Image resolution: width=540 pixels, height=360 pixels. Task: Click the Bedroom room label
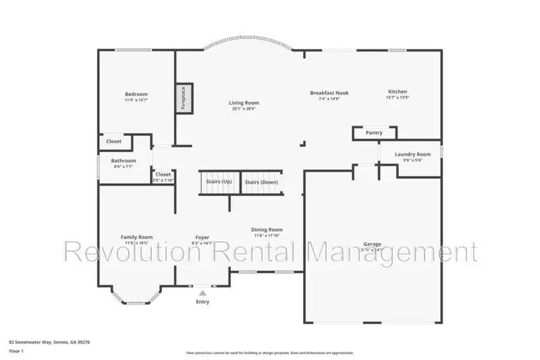(136, 94)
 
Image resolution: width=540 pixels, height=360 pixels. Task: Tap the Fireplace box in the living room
(184, 99)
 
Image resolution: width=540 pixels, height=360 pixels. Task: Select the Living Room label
(245, 103)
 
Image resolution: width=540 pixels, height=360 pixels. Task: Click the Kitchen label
(397, 92)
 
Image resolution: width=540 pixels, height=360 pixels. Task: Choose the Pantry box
(373, 133)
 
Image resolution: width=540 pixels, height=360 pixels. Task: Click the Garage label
(372, 244)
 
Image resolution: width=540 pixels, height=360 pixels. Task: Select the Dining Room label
(267, 230)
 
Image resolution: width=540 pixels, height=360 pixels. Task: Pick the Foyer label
(202, 237)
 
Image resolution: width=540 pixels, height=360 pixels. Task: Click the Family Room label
(136, 237)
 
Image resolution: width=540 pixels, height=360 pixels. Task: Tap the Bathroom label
(124, 161)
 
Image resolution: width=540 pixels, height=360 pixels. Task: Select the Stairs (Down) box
(261, 182)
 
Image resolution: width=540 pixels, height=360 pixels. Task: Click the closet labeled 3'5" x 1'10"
(163, 177)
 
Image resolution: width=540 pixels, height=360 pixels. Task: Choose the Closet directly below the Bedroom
(114, 142)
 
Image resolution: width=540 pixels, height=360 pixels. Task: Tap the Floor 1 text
(16, 352)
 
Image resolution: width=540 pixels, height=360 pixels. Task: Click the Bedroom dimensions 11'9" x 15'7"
(136, 100)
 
